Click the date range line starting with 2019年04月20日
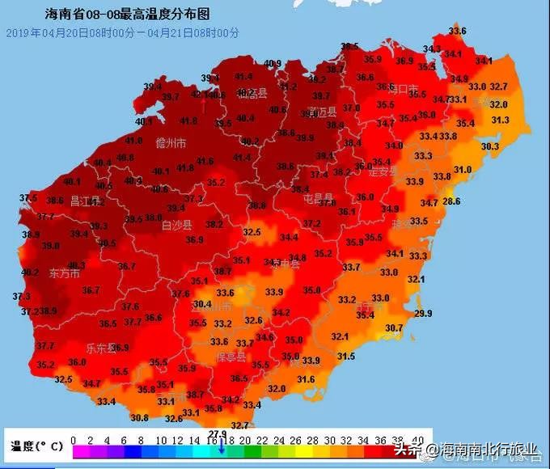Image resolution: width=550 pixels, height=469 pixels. tap(123, 32)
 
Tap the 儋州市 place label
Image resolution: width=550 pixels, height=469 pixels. tap(171, 143)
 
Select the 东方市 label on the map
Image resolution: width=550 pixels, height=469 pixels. tap(65, 273)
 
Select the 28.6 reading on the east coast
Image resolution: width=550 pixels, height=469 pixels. tap(451, 201)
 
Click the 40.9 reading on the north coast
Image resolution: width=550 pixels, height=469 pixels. tap(273, 64)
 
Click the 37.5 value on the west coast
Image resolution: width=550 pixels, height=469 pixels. tap(28, 198)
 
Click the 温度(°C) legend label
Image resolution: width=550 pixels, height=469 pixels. tap(34, 446)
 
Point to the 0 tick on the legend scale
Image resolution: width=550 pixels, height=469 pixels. tap(74, 440)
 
